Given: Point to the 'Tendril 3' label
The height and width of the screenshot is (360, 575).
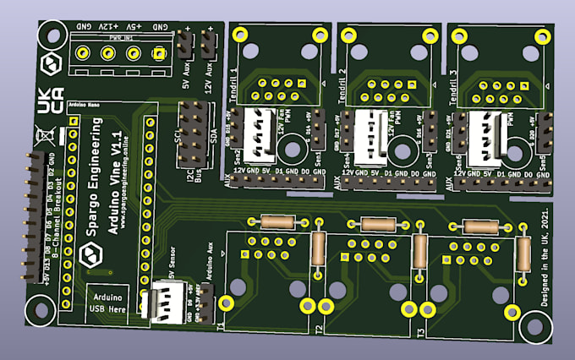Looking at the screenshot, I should point(451,82).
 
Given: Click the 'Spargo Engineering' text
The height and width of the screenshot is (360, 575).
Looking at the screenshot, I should point(94,189).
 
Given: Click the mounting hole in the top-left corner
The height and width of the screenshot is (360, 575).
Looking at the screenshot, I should point(52,37).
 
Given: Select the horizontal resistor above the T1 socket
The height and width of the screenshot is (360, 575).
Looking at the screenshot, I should point(277,221).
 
